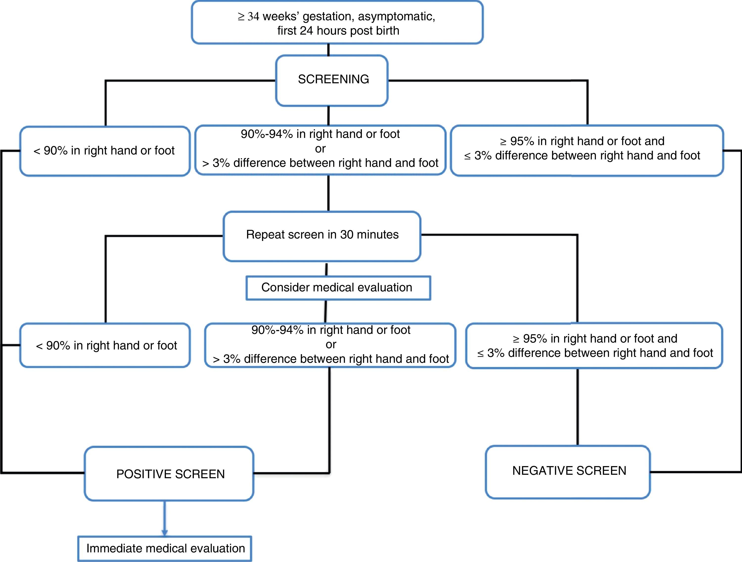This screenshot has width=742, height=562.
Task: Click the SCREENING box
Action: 332,81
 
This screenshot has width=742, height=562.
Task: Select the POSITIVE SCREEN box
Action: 169,474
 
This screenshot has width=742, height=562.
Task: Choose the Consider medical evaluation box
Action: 338,288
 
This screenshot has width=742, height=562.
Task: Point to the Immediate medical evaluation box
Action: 165,549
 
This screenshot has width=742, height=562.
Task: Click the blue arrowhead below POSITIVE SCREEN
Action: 164,533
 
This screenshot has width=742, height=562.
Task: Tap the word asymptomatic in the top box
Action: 396,16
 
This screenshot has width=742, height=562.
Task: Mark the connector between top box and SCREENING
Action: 328,50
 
